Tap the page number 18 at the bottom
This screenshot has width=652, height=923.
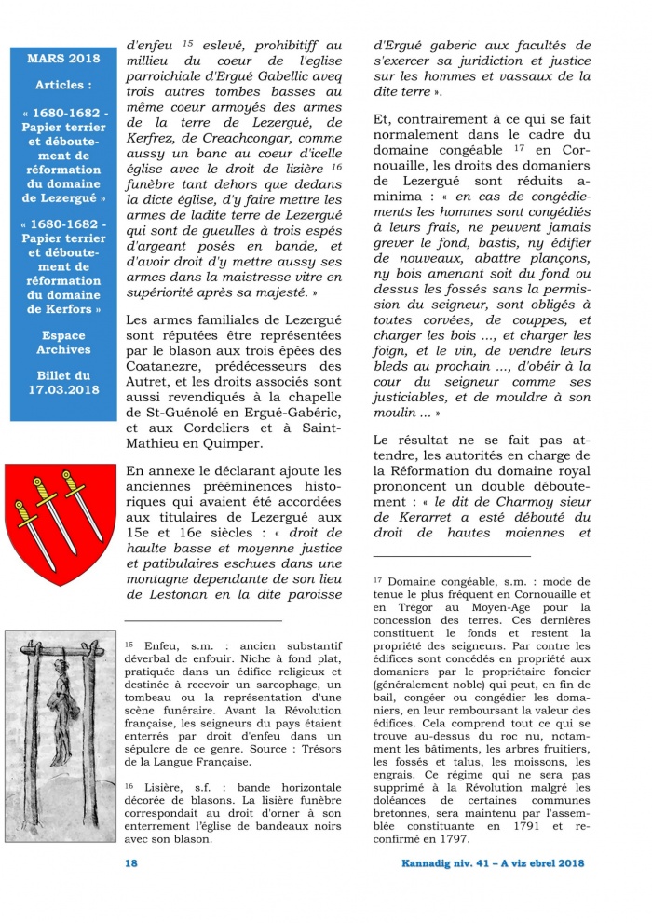coord(131,863)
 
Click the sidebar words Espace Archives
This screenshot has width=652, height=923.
coord(63,342)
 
